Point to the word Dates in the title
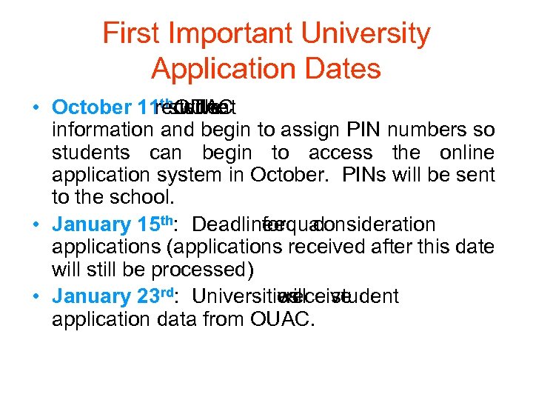(x=342, y=69)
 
